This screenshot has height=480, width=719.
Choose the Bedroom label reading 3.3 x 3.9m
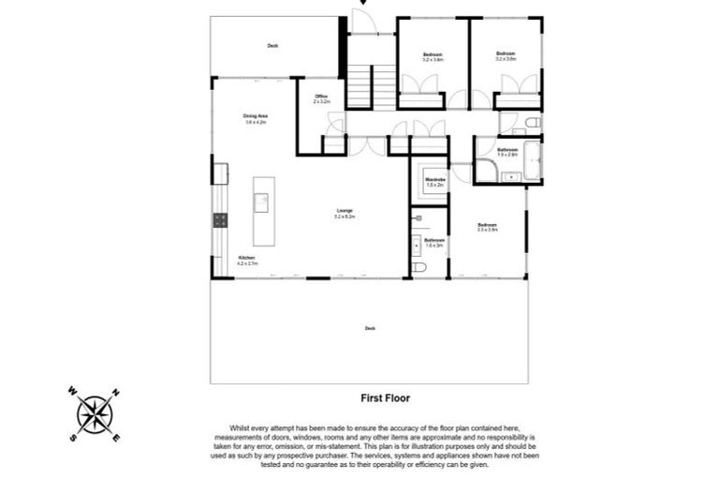click(x=487, y=226)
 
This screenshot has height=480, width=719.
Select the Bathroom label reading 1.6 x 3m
click(x=433, y=242)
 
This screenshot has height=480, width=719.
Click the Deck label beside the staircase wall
click(x=272, y=45)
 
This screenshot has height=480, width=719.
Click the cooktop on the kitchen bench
click(x=221, y=220)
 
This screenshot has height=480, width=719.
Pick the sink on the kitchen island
click(x=261, y=200)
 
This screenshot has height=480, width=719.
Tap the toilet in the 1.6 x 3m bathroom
click(x=418, y=267)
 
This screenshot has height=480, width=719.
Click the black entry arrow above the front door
click(x=365, y=4)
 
